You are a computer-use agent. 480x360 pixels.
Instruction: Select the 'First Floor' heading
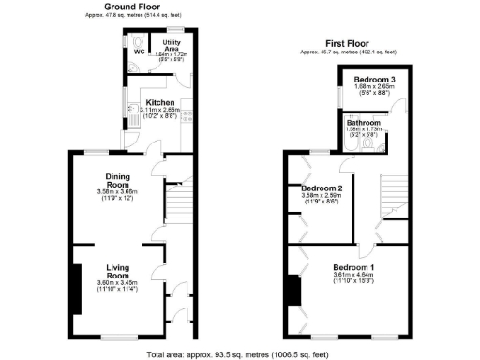click(348, 44)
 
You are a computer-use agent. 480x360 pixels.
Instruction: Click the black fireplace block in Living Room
click(75, 288)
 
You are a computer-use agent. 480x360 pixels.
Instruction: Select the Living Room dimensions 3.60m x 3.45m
click(117, 283)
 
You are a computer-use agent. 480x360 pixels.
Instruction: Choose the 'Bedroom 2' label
click(322, 188)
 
